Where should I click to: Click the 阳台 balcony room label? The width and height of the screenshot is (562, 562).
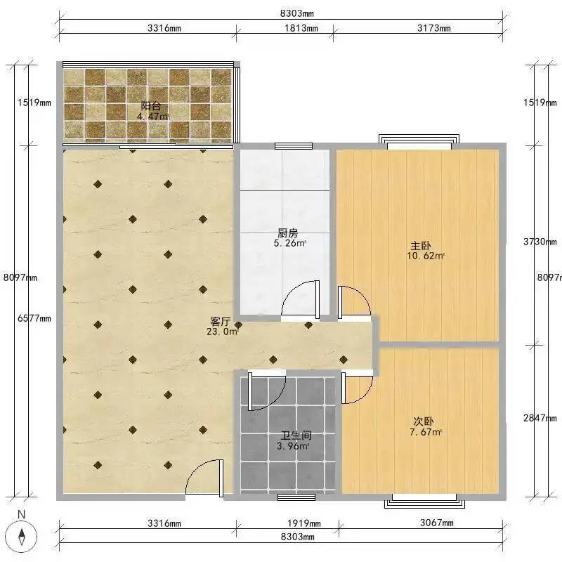(150, 106)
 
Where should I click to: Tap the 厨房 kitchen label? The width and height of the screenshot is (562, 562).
(288, 233)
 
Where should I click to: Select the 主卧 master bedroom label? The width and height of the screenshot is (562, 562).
(420, 246)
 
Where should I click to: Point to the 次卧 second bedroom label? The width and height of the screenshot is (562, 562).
(424, 421)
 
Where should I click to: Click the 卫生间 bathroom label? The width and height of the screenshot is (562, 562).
(296, 436)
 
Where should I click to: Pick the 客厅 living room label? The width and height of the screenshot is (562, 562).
(220, 321)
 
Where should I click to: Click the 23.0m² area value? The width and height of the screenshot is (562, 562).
(223, 332)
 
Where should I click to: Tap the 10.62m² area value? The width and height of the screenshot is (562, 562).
(426, 256)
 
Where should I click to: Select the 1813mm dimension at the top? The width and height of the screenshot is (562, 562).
(301, 28)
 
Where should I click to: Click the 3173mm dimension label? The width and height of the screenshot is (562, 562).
(433, 28)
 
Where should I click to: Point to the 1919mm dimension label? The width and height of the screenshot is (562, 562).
(304, 523)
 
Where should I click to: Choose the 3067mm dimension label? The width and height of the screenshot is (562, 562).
(436, 523)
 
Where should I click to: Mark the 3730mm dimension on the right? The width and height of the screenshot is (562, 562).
(540, 242)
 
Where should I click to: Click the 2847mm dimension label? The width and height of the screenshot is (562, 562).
(540, 417)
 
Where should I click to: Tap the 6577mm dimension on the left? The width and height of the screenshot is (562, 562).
(34, 318)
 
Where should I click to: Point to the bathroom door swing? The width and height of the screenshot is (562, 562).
(267, 391)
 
